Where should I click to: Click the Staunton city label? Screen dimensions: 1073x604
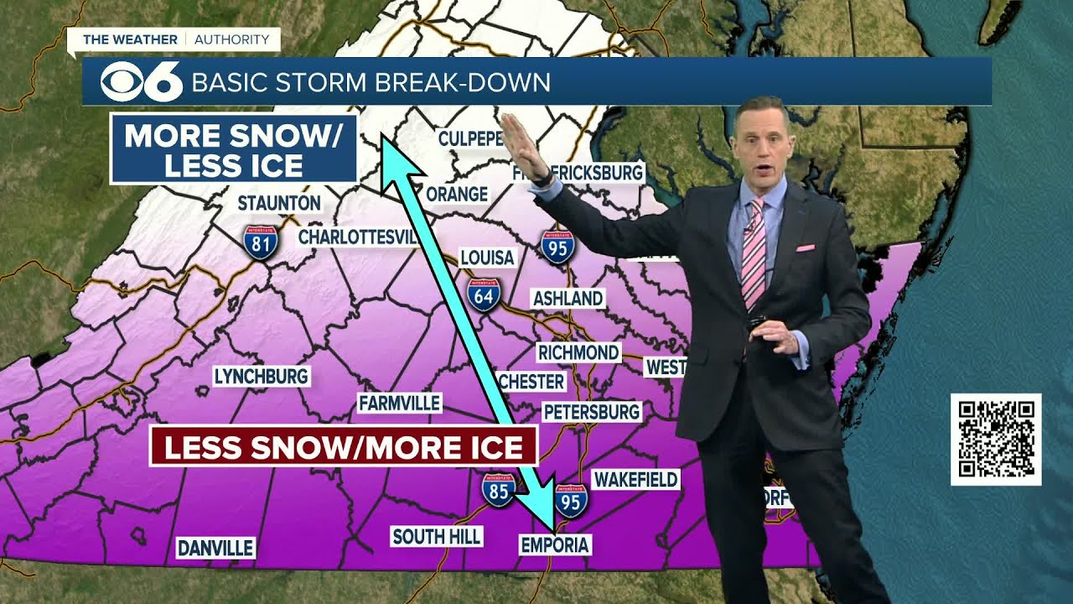point(279,203)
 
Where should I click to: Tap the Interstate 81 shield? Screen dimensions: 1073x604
point(261,242)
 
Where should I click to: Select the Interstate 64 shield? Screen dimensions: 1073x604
point(485,295)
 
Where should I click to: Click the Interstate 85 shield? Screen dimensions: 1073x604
point(498,489)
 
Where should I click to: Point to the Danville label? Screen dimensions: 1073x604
point(215,548)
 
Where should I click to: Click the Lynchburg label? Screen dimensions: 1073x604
point(262,376)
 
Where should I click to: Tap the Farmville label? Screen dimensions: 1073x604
point(399,403)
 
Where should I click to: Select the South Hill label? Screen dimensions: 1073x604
point(437,536)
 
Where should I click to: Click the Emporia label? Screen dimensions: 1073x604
point(555,544)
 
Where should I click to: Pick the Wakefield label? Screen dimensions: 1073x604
point(635,479)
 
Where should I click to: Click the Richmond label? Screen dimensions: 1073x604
point(578,352)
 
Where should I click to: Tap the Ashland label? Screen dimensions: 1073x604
point(568,298)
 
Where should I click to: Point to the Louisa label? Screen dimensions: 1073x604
point(487,257)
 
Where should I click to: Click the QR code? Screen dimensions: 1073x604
point(996,439)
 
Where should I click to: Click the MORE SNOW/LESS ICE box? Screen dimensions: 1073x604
point(234,149)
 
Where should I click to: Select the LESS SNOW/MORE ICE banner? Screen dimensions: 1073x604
point(343,445)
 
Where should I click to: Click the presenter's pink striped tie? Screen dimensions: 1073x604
point(754,252)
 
